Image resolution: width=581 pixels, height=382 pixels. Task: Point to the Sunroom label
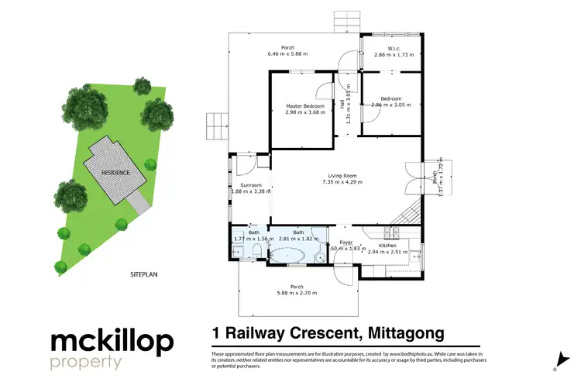coord(250,186)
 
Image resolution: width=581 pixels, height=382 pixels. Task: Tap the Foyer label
coord(346,243)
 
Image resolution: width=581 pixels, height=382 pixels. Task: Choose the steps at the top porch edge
coord(342,21)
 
